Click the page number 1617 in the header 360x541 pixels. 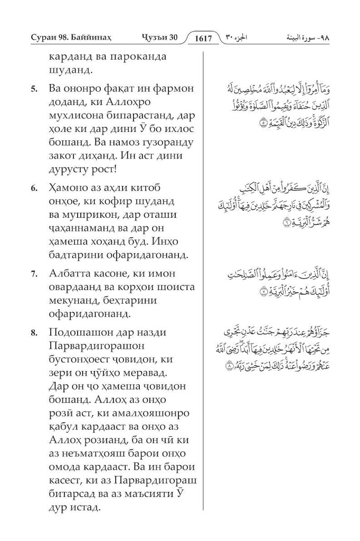click(207, 39)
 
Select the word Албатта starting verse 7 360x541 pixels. click(73, 273)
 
